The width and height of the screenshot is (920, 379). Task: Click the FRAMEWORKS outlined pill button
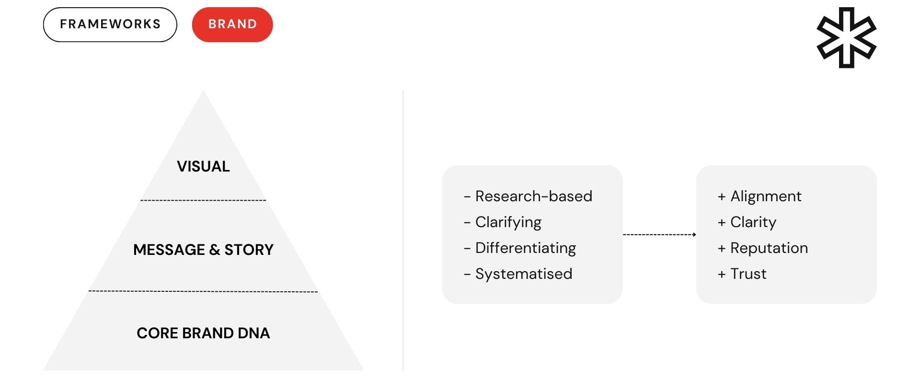pyautogui.click(x=110, y=24)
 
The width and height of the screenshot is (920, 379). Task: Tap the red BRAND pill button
pyautogui.click(x=232, y=24)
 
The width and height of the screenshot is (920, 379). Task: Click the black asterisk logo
pyautogui.click(x=846, y=37)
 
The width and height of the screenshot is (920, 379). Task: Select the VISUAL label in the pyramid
pyautogui.click(x=203, y=166)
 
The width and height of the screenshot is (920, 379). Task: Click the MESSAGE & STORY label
pyautogui.click(x=203, y=250)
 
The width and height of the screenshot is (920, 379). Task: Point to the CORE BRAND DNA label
pyautogui.click(x=203, y=333)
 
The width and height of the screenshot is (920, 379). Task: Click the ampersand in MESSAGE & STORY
pyautogui.click(x=215, y=250)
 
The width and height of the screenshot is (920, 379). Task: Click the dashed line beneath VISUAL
pyautogui.click(x=203, y=200)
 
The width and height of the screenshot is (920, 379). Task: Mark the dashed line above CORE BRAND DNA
pyautogui.click(x=203, y=291)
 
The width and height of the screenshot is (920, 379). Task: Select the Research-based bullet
pyautogui.click(x=533, y=196)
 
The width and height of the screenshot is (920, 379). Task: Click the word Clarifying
pyautogui.click(x=508, y=222)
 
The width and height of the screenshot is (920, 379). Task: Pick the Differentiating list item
pyautogui.click(x=526, y=248)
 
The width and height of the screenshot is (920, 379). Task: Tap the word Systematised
pyautogui.click(x=524, y=274)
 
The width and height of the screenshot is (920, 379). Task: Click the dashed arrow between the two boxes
pyautogui.click(x=659, y=234)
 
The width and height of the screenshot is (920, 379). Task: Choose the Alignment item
pyautogui.click(x=766, y=196)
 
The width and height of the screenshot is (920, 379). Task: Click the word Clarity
pyautogui.click(x=753, y=222)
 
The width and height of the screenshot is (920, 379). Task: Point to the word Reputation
pyautogui.click(x=769, y=248)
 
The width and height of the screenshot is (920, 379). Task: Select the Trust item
pyautogui.click(x=748, y=274)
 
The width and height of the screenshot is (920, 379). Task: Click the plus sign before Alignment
pyautogui.click(x=722, y=196)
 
